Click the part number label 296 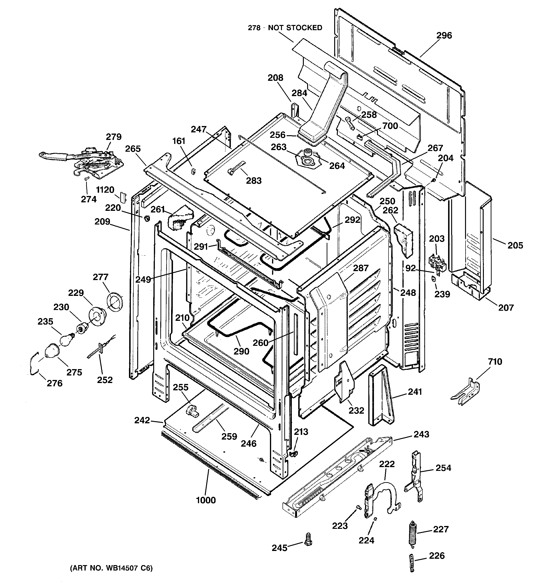pyautogui.click(x=444, y=36)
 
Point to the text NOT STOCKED pyautogui.click(x=295, y=28)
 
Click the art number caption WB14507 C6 pyautogui.click(x=111, y=568)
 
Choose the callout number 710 pyautogui.click(x=495, y=362)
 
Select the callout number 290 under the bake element pyautogui.click(x=241, y=351)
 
